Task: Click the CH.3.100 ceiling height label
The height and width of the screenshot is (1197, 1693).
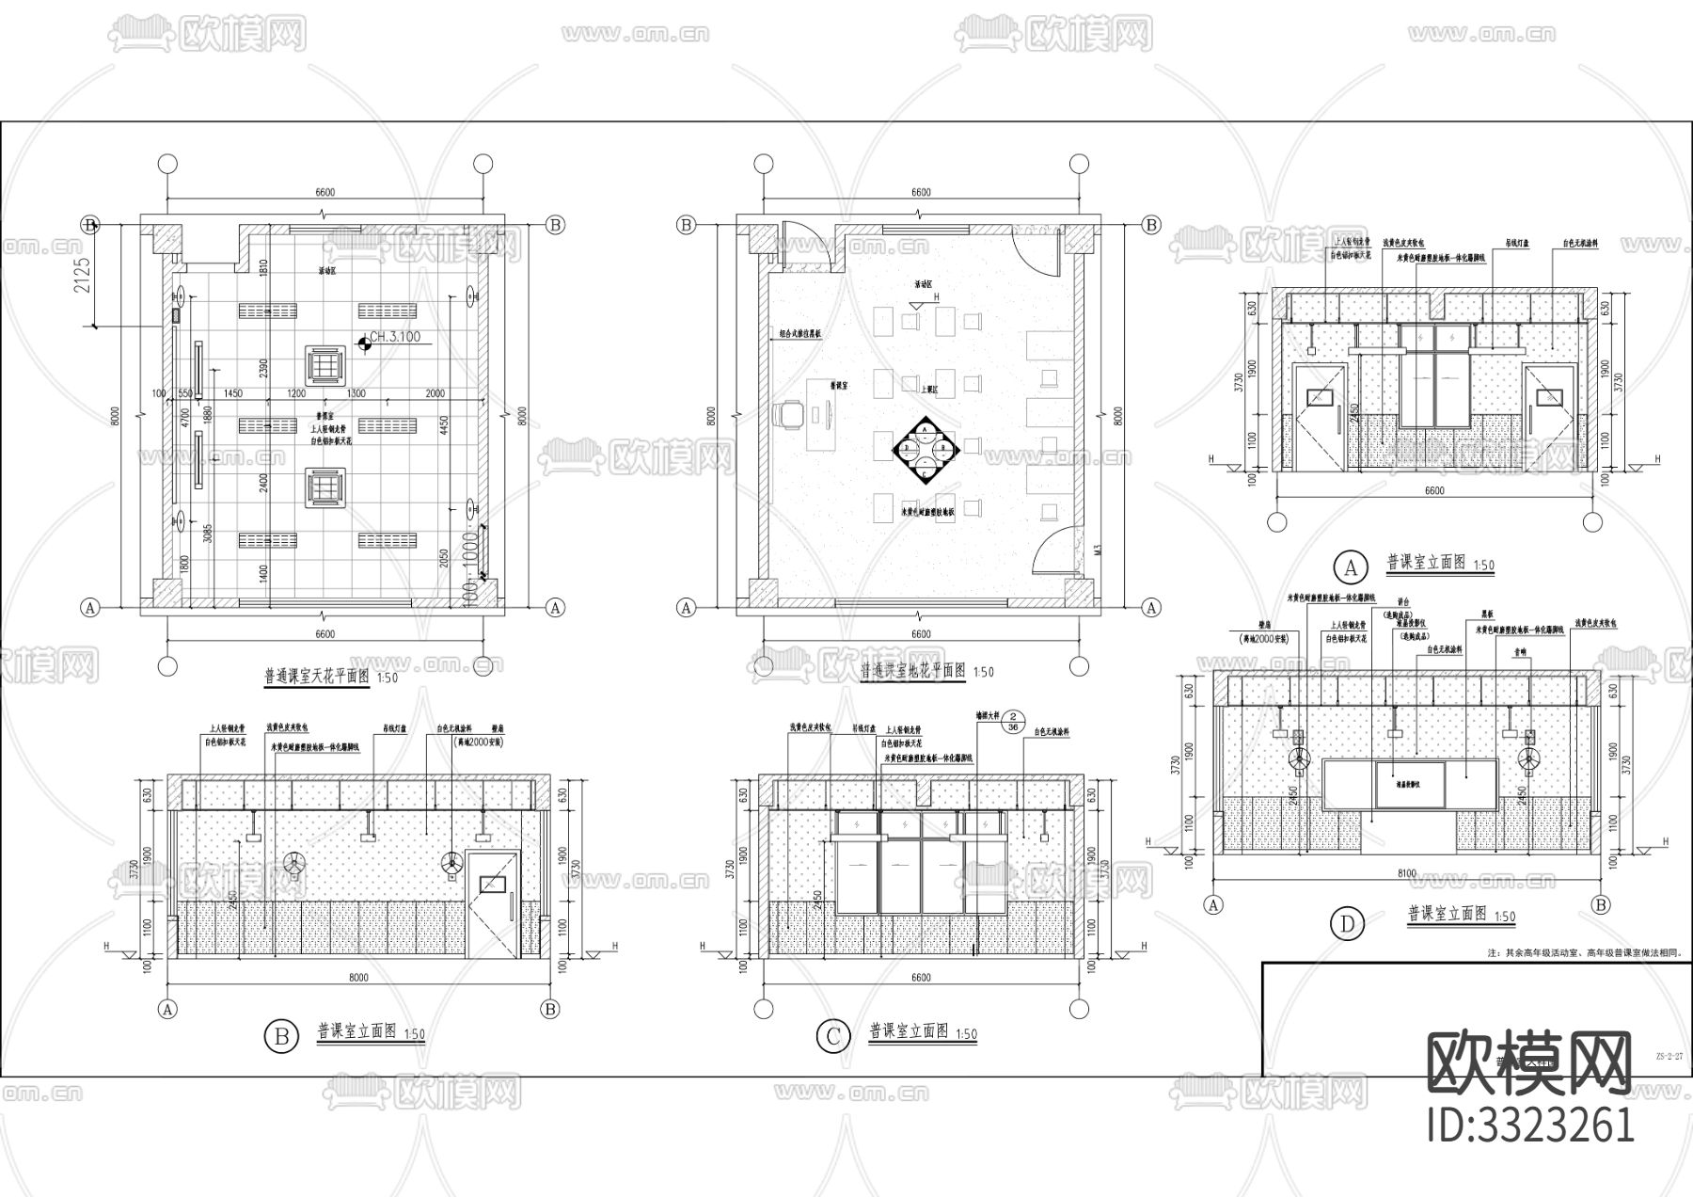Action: tap(395, 337)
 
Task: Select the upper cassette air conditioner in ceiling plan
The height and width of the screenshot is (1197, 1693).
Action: tap(325, 362)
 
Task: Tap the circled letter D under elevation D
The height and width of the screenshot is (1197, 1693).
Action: tap(1347, 925)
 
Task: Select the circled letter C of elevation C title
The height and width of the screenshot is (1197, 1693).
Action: tap(832, 1037)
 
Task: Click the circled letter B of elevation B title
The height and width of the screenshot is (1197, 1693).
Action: tap(280, 1037)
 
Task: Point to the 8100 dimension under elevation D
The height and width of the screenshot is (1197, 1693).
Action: tap(1406, 873)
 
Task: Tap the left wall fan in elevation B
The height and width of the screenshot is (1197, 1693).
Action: tap(293, 863)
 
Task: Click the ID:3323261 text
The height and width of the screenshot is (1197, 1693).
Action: tap(1530, 1125)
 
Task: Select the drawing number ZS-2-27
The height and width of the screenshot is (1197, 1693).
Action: tap(1668, 1056)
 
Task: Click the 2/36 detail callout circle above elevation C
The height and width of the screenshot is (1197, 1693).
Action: tap(1012, 721)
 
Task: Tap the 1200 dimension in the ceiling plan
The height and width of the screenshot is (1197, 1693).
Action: tap(297, 393)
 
